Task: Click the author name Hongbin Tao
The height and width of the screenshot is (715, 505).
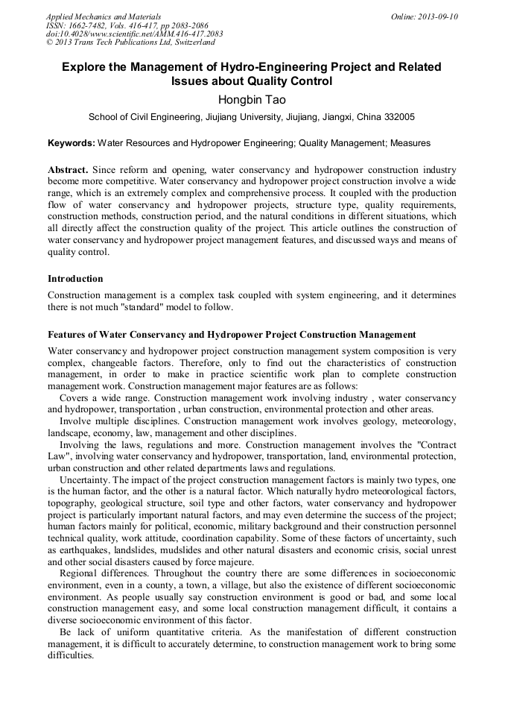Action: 252,99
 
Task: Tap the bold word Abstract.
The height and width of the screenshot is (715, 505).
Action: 68,170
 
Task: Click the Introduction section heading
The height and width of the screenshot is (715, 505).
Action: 75,279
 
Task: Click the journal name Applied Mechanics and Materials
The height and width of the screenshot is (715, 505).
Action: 103,16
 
